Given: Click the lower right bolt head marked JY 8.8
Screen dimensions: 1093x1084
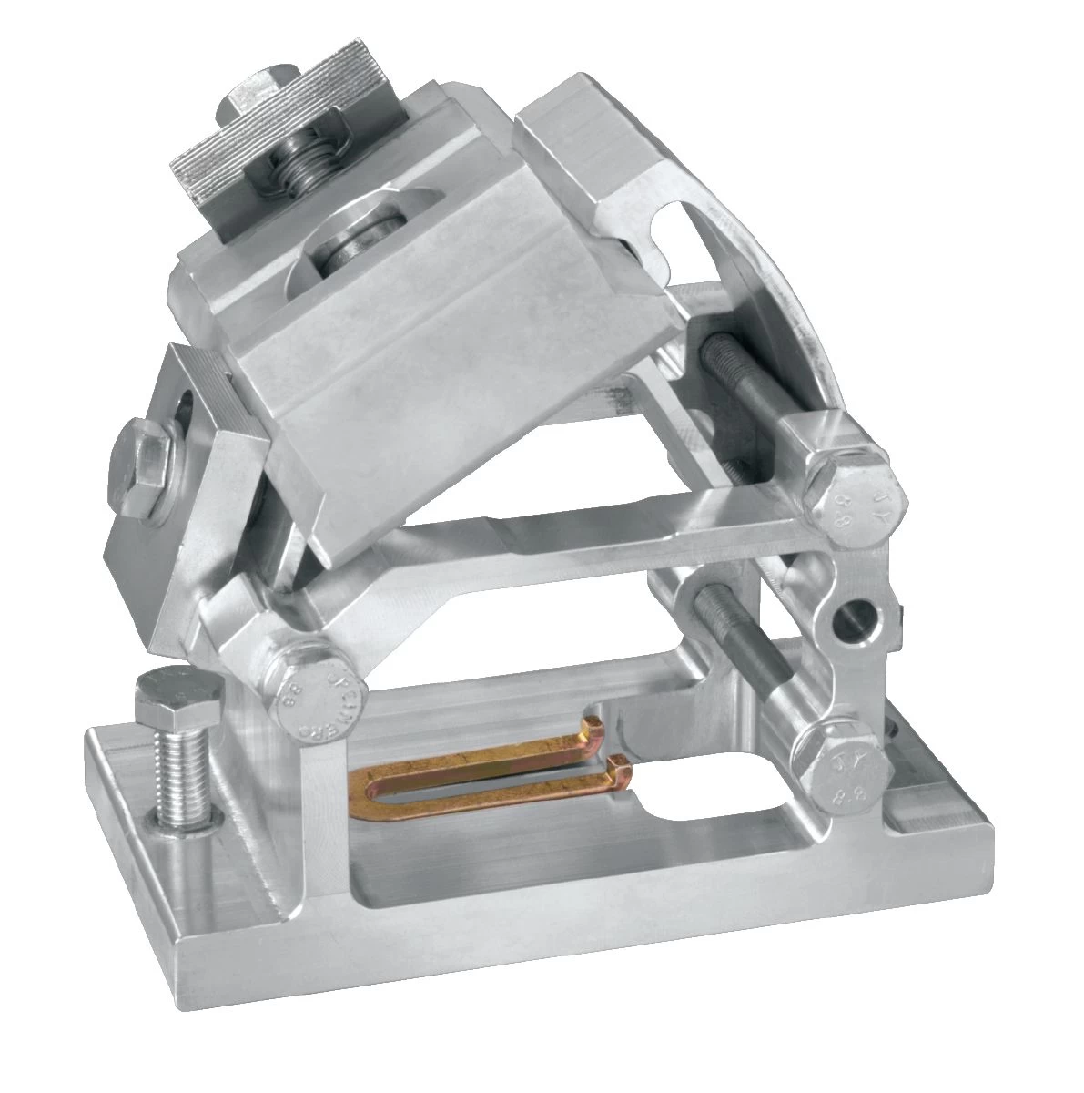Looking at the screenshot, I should click(x=838, y=765).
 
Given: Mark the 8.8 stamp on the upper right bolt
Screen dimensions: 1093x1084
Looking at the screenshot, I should click(x=842, y=510).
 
